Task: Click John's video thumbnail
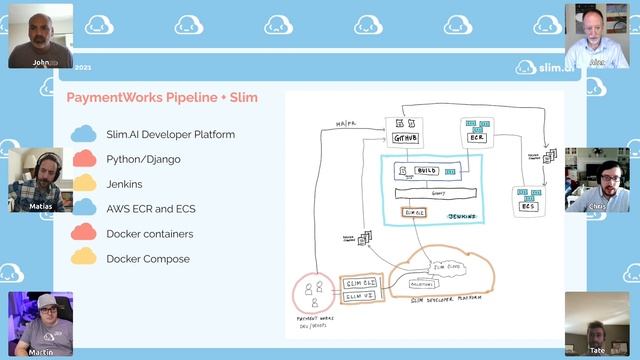point(40,35)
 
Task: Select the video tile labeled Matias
point(40,180)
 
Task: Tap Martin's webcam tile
point(40,323)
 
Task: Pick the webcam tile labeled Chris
point(597,180)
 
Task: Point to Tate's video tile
point(597,323)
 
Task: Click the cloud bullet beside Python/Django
point(83,158)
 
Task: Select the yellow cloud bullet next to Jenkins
point(83,184)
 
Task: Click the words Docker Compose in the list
point(147,259)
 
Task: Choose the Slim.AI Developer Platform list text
point(170,134)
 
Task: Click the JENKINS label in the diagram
point(462,216)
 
